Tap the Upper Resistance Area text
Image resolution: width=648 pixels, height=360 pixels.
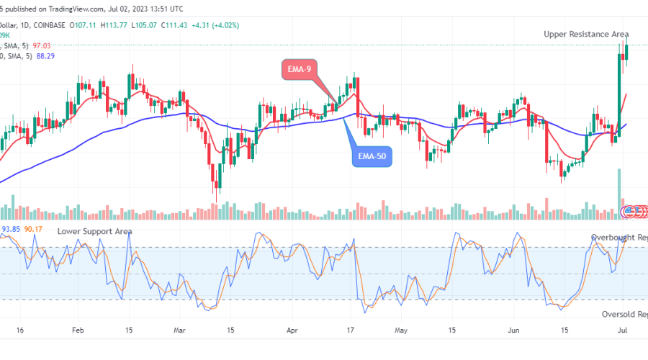click(x=586, y=34)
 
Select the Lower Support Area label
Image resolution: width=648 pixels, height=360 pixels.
click(x=95, y=231)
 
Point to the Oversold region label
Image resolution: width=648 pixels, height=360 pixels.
click(x=624, y=315)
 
